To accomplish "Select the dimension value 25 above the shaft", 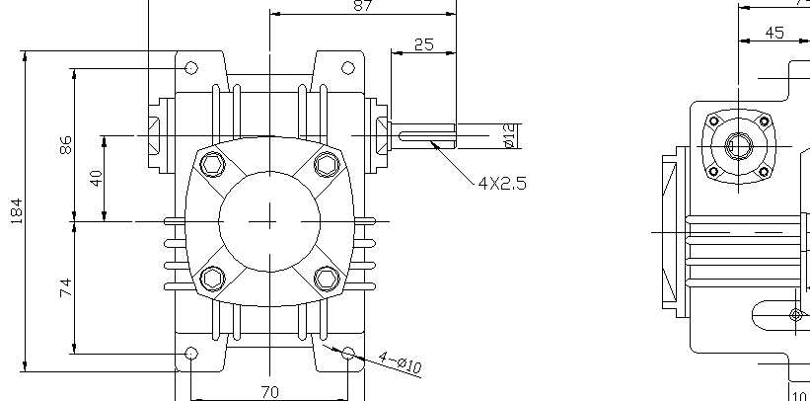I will pos(424,43).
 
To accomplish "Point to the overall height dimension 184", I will pos(17,210).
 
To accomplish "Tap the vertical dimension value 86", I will pos(65,145).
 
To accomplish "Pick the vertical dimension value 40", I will pos(96,178).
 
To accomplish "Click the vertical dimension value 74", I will pos(65,287).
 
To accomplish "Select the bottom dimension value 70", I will pos(269,391).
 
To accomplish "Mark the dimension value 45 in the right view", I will pos(774,33).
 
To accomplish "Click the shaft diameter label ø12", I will pos(510,136).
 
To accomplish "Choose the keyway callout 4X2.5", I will pos(501,183).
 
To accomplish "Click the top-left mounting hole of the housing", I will pos(191,67).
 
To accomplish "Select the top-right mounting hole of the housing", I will pos(347,67).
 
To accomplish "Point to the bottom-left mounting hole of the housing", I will pos(191,353).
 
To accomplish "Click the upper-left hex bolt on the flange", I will pos(212,164).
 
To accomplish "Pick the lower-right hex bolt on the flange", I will pos(326,279).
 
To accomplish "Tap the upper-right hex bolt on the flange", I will pos(326,164).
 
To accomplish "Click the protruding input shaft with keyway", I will pos(424,135).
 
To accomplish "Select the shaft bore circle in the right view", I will pos(736,145).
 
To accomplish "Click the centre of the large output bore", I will pos(269,221).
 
